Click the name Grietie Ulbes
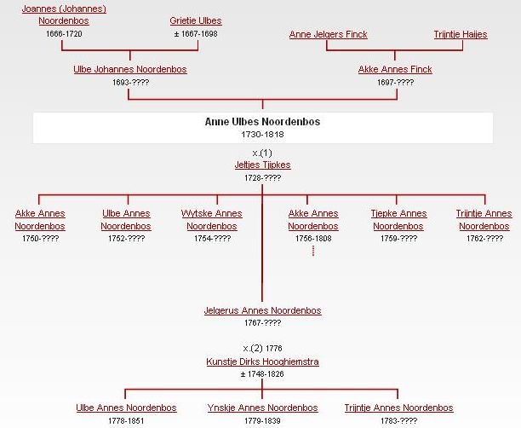[196, 20]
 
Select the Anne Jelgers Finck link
[329, 34]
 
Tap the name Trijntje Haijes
[461, 34]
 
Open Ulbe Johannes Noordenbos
[130, 69]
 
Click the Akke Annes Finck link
[395, 69]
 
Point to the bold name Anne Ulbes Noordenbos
[262, 121]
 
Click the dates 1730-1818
[262, 135]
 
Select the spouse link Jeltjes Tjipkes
[262, 165]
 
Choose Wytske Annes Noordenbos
[212, 220]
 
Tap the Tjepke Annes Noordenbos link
[398, 220]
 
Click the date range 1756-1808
[313, 238]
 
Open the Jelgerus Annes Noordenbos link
[262, 310]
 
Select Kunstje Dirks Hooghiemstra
[262, 361]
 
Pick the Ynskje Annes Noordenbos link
[262, 408]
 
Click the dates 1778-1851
[126, 420]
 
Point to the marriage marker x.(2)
[253, 349]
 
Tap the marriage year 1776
[274, 349]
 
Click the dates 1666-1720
[64, 33]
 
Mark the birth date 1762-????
[484, 238]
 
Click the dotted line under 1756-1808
[313, 251]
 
